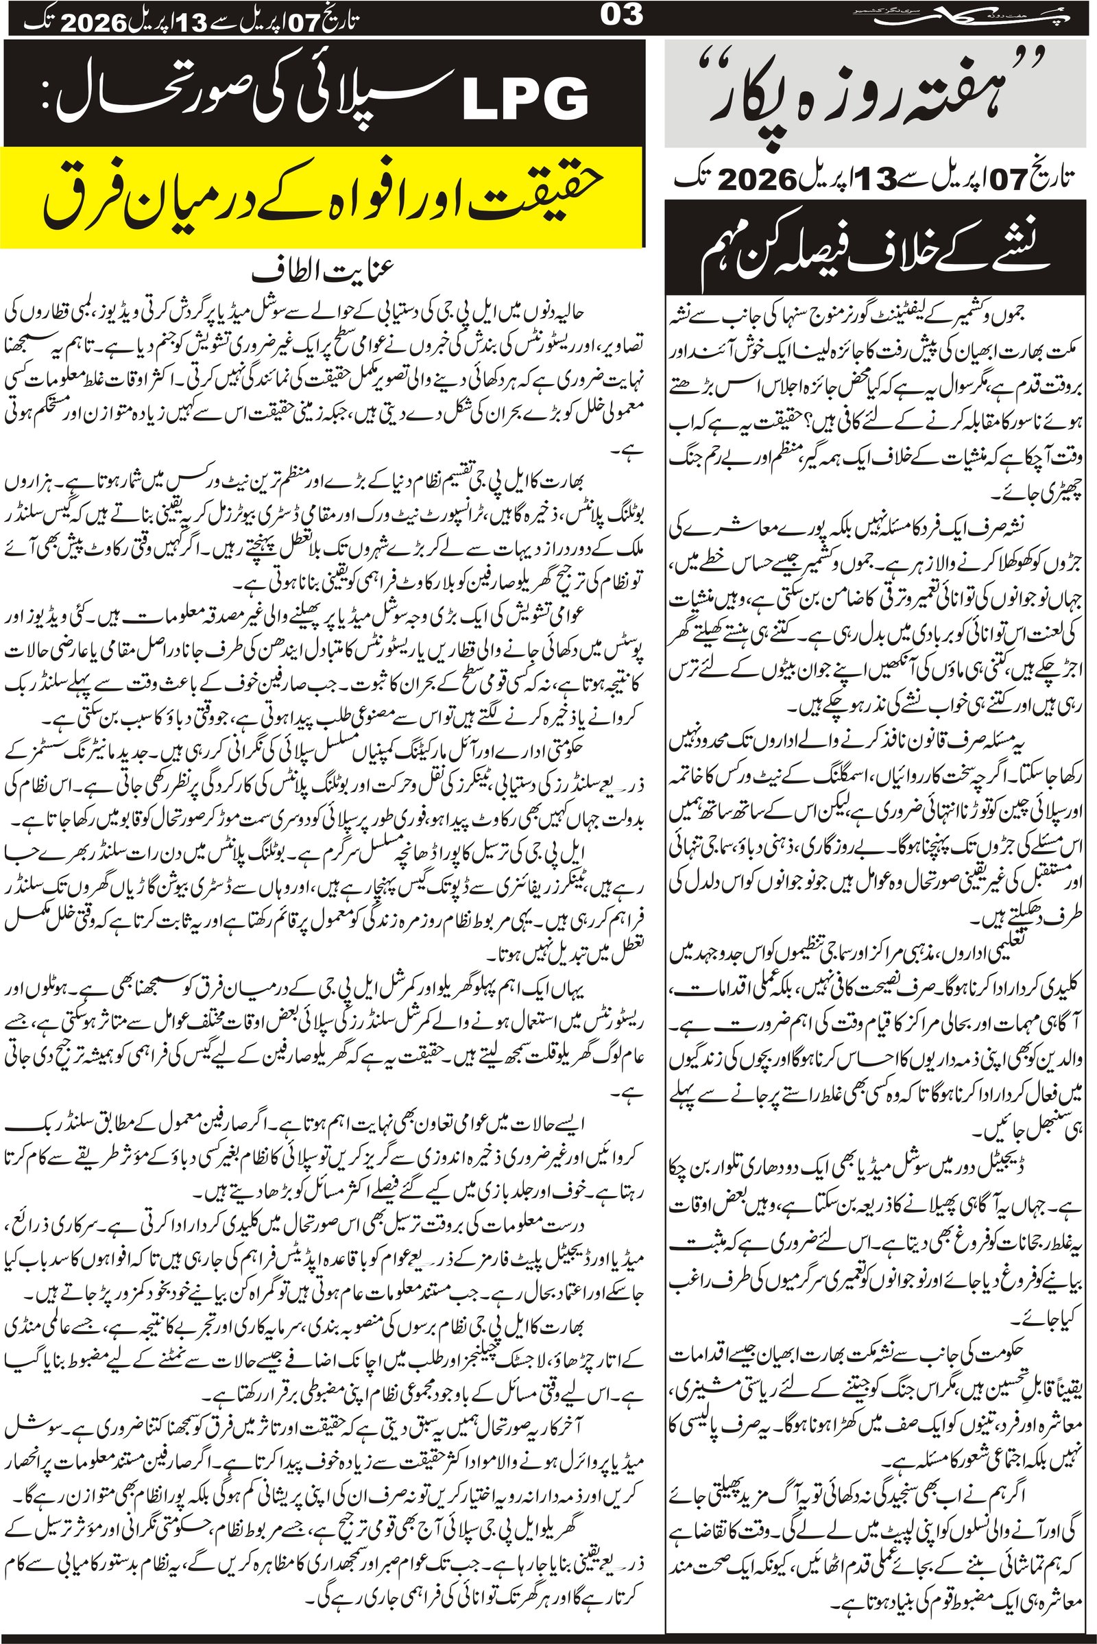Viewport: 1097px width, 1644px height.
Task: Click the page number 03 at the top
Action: point(622,15)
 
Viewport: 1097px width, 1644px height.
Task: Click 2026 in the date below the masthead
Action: point(758,180)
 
